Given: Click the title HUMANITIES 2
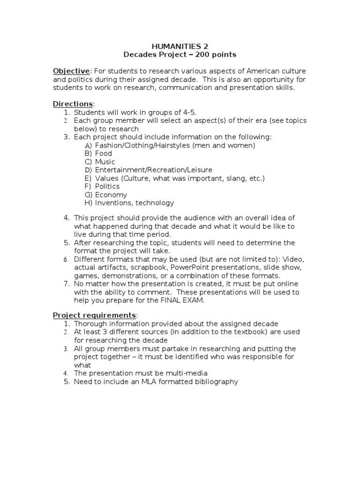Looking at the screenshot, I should (180, 46).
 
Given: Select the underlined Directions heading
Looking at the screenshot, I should (73, 104).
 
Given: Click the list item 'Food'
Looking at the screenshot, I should (103, 153).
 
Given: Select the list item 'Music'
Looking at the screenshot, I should (105, 162).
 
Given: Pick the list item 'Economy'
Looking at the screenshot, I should (111, 195).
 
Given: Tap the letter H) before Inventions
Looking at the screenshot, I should (88, 203).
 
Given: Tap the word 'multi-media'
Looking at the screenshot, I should (186, 373).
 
